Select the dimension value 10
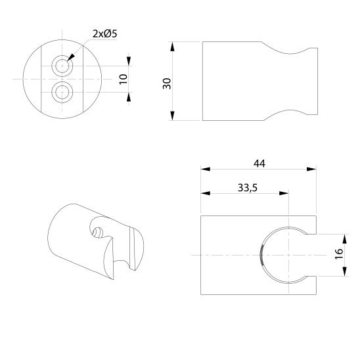pos(123,79)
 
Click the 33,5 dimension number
pos(246,187)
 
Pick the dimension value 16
pos(339,254)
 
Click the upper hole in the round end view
pos(63,66)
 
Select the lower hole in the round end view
pos(63,91)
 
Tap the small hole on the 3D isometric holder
pos(97,231)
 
